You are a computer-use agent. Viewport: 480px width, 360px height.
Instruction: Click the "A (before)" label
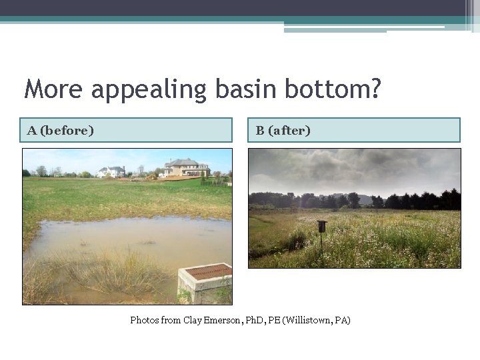coord(61,130)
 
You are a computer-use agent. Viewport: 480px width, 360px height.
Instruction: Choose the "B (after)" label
coord(283,130)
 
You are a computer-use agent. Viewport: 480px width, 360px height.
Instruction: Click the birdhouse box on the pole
coord(322,227)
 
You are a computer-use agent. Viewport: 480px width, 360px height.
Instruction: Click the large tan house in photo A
coord(185,167)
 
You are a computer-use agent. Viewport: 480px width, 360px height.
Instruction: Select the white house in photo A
coord(111,171)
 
